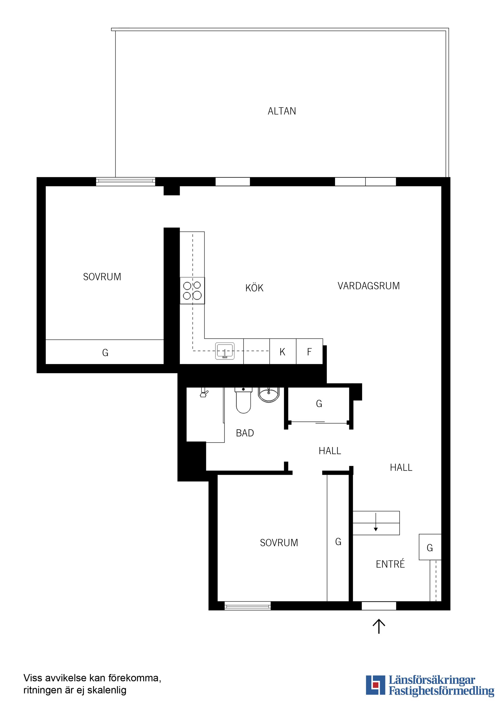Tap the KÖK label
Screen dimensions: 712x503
click(254, 288)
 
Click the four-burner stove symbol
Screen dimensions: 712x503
click(192, 290)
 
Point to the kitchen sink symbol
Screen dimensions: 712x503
click(225, 351)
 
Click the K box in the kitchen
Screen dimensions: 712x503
click(282, 352)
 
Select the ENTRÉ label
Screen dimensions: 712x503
click(390, 564)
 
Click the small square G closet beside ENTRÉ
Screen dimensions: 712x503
click(430, 548)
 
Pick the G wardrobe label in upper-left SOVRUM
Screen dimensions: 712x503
click(105, 353)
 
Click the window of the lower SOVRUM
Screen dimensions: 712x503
click(247, 606)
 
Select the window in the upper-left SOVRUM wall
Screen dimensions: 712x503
click(125, 181)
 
